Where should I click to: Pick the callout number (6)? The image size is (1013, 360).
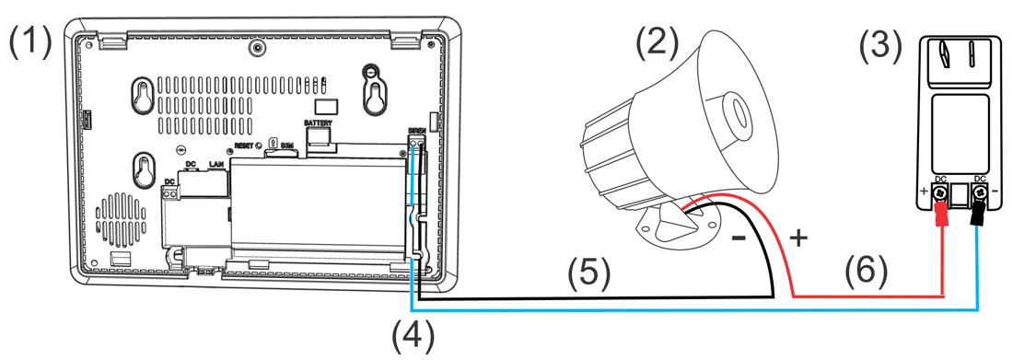(865, 271)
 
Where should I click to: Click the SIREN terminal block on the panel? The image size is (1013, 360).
(416, 146)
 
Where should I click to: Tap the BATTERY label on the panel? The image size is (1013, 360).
(319, 122)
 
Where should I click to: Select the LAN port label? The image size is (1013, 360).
(216, 164)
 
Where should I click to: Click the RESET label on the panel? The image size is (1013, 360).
(243, 145)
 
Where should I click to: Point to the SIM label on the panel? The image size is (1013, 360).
(286, 145)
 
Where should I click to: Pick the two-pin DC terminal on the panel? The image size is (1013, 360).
(169, 192)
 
